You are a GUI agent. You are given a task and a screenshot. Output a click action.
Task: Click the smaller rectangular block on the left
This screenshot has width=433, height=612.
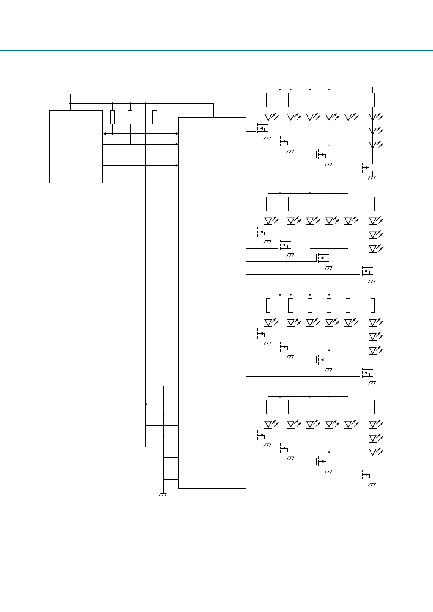[x=76, y=147]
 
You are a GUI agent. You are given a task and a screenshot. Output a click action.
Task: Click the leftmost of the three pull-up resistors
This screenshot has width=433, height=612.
[x=113, y=117]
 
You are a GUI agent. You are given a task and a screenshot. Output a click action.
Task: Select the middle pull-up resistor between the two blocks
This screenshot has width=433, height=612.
[x=130, y=117]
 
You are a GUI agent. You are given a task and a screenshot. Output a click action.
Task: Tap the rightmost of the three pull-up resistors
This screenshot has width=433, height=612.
[x=155, y=117]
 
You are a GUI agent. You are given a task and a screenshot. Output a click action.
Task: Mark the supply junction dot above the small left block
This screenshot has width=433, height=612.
[x=70, y=104]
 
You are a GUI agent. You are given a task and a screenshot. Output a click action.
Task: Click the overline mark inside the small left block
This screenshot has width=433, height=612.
[x=96, y=163]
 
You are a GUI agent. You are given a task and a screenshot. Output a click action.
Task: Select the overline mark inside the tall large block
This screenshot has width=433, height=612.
[x=186, y=163]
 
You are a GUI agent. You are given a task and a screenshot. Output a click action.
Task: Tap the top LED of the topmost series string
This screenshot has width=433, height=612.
[x=373, y=118]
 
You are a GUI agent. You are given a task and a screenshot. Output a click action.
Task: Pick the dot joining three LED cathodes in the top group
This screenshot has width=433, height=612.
[x=329, y=144]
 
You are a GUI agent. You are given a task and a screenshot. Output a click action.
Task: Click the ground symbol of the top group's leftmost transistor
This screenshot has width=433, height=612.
[x=267, y=138]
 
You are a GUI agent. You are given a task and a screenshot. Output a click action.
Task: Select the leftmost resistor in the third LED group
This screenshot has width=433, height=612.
[x=268, y=305]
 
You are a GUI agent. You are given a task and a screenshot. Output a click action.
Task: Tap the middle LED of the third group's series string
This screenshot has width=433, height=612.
[x=373, y=336]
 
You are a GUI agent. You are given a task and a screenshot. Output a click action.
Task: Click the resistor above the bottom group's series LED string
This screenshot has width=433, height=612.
[x=373, y=407]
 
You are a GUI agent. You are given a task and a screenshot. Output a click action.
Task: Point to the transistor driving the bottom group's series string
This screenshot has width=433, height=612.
[x=364, y=474]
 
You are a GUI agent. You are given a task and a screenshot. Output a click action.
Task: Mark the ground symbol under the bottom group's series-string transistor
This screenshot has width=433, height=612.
[x=372, y=484]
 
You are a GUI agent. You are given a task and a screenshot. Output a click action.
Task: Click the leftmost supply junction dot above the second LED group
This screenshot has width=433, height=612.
[x=280, y=193]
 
